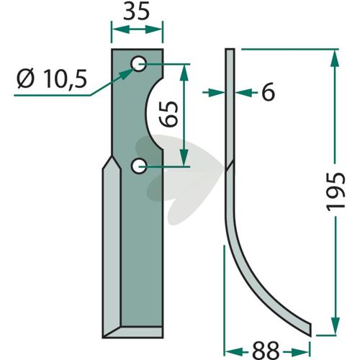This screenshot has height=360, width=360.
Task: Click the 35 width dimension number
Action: tap(136, 12)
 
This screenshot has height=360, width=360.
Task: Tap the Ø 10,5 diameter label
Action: tap(52, 79)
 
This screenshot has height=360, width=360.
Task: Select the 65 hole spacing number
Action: tap(169, 114)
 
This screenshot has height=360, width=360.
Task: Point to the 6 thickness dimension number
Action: tap(268, 91)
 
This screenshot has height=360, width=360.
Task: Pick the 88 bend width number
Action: tap(266, 350)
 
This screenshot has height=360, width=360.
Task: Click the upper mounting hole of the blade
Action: tap(138, 63)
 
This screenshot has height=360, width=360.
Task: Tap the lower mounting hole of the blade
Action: tap(139, 166)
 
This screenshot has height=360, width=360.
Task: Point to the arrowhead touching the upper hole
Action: tap(126, 74)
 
